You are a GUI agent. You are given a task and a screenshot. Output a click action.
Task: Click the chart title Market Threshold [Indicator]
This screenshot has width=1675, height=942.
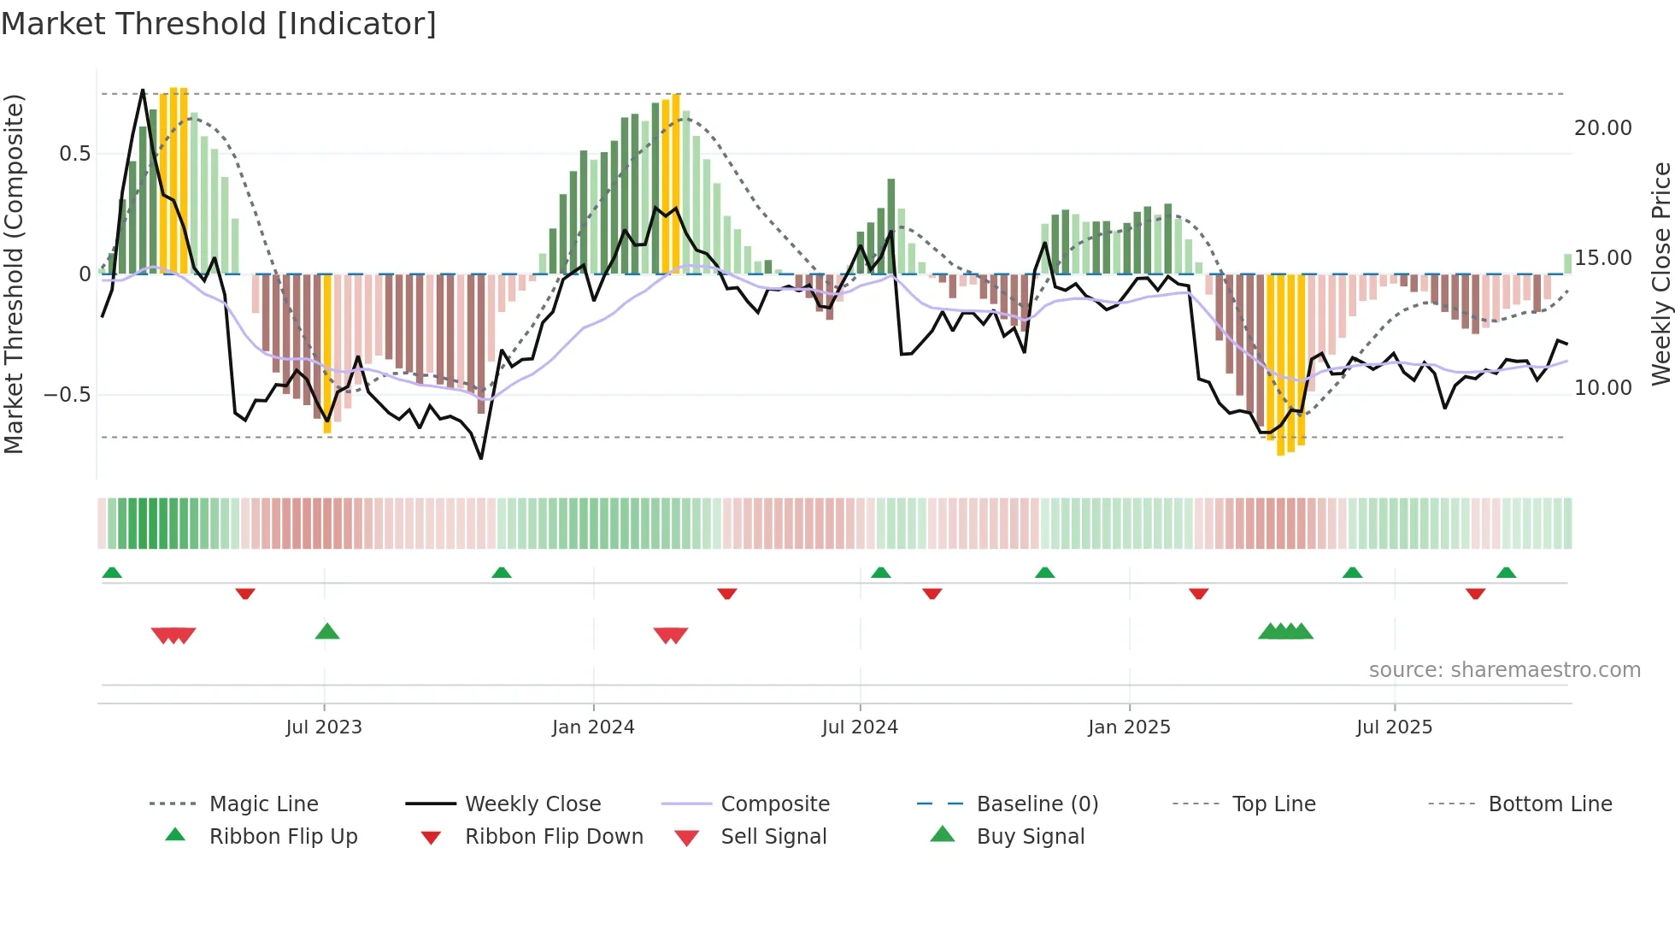coord(219,24)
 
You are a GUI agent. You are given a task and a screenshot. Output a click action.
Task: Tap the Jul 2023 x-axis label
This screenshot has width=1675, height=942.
coord(324,727)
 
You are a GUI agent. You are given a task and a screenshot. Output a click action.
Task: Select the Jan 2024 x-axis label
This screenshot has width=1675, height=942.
coord(593,727)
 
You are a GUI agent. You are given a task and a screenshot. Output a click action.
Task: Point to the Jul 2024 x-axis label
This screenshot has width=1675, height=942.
coord(860,727)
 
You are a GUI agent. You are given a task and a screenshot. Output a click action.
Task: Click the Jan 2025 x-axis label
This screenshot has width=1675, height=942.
coord(1129,727)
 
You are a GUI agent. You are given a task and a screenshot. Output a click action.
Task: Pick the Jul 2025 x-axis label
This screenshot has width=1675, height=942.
coord(1394,727)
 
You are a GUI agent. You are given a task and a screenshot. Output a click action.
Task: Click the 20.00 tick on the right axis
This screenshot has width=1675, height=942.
coord(1602,128)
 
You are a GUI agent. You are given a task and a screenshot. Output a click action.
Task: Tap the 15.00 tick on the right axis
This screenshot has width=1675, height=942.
coord(1602,258)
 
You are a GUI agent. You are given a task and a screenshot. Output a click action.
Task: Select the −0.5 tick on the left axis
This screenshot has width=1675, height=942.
coord(67,395)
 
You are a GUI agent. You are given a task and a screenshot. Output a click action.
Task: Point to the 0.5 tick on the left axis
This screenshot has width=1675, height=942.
coord(74,154)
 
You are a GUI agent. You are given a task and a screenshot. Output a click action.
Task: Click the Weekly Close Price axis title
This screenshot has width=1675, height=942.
coord(1660,274)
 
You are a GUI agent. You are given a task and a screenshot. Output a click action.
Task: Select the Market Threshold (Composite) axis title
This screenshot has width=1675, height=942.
coord(14,274)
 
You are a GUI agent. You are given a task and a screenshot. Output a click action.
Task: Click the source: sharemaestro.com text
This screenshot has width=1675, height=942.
coord(1504,670)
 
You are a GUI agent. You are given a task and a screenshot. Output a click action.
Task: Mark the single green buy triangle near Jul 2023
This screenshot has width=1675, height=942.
coord(327,632)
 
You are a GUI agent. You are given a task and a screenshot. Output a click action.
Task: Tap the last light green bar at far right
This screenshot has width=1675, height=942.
coord(1568,264)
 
